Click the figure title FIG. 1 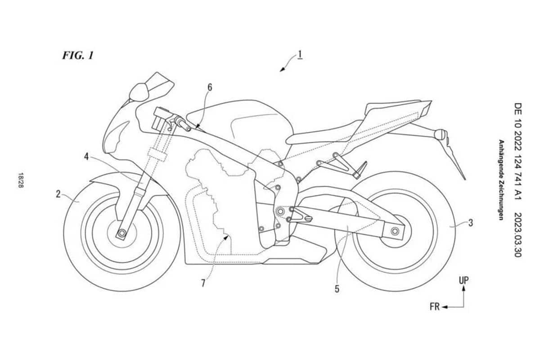click(x=77, y=55)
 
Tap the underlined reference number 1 click(x=300, y=54)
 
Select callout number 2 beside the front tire click(x=58, y=194)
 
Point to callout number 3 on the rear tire click(x=471, y=223)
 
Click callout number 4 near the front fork click(x=86, y=157)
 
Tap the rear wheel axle click(x=395, y=231)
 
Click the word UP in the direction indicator click(x=463, y=280)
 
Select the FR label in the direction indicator click(x=435, y=307)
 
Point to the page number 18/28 click(x=21, y=180)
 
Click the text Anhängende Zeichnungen click(x=501, y=180)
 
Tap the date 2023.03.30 click(x=517, y=235)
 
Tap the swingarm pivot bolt click(x=280, y=211)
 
